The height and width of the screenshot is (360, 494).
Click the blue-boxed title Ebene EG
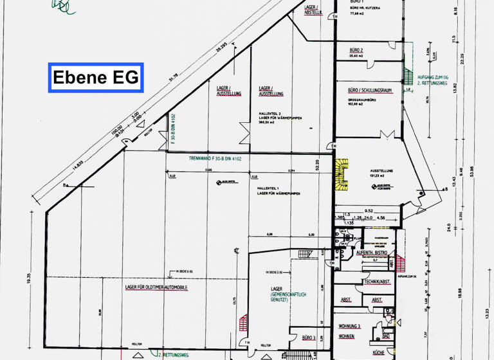(95, 78)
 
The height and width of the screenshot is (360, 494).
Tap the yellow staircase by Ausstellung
(342, 175)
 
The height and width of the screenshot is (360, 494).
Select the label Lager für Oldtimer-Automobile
(156, 287)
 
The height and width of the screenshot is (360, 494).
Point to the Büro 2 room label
(357, 50)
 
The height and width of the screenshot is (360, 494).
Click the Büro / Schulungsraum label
(370, 91)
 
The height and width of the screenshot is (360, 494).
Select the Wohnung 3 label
(350, 327)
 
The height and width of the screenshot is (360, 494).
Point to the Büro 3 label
(307, 337)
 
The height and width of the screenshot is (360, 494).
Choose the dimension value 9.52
(369, 210)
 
